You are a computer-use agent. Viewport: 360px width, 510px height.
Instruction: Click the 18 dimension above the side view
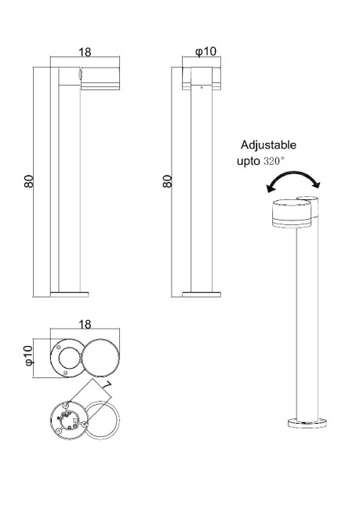click(x=85, y=53)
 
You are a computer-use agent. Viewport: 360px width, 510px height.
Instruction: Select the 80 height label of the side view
click(x=28, y=180)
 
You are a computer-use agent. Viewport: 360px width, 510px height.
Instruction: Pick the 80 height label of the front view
click(x=166, y=180)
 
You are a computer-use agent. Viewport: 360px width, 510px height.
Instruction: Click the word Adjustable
click(x=268, y=145)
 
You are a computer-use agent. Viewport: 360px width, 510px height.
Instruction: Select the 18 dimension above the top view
click(x=85, y=324)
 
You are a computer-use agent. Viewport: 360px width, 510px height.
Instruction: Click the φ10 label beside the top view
click(x=28, y=355)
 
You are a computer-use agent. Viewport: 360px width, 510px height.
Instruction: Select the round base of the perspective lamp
click(x=306, y=423)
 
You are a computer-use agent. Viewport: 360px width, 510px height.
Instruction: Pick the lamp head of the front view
click(x=202, y=78)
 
